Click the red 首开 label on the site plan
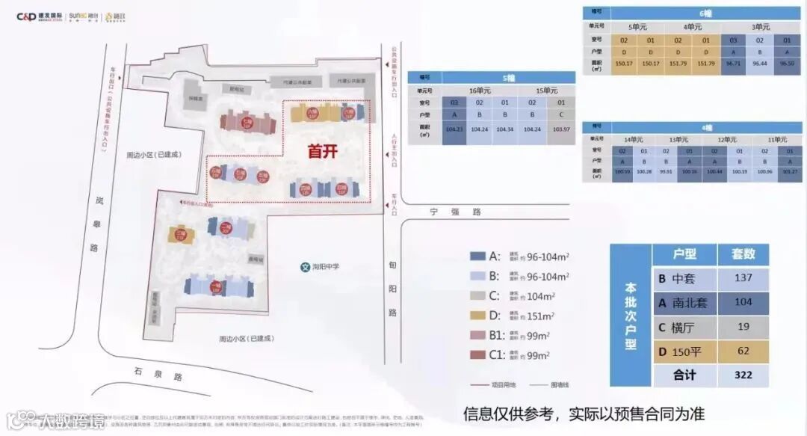[323, 150]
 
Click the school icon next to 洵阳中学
[304, 266]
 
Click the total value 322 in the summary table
[743, 375]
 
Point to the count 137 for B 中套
[743, 279]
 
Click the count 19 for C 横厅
[743, 327]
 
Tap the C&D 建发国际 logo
[39, 16]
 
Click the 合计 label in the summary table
[684, 375]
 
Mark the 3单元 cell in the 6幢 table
[759, 26]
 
